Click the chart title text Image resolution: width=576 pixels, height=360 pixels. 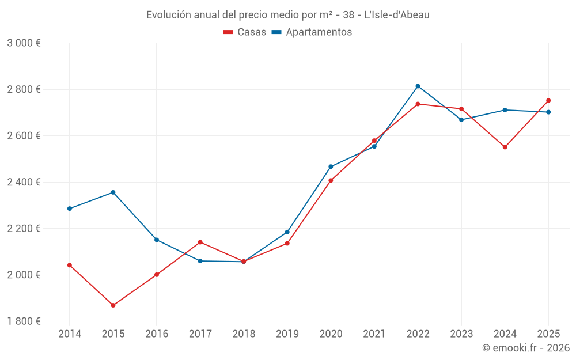[x=287, y=14]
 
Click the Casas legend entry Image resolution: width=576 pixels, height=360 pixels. [x=245, y=32]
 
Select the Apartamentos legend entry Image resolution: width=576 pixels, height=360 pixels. [x=312, y=32]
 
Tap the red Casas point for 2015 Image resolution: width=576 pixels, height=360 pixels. [x=113, y=305]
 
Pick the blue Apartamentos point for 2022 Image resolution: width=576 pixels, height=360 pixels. [x=418, y=86]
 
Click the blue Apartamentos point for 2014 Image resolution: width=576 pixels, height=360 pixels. [x=70, y=209]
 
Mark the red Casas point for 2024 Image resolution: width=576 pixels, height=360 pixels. [x=505, y=147]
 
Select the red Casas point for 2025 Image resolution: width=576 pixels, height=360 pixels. [x=548, y=100]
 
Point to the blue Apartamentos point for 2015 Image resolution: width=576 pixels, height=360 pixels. [x=113, y=192]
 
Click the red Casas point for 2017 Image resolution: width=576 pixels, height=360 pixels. [x=200, y=242]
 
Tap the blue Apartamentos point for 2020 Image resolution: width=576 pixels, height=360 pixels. [x=331, y=166]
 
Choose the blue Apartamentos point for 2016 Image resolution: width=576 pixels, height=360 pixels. [x=157, y=240]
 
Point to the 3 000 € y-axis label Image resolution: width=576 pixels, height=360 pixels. [x=24, y=43]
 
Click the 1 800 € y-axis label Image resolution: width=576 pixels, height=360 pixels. [x=24, y=321]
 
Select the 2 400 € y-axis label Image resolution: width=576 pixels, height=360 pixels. [x=24, y=182]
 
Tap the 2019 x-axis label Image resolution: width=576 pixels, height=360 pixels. [x=287, y=334]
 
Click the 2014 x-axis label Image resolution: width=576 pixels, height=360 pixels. [x=70, y=334]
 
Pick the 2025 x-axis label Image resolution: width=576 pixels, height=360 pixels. [x=548, y=334]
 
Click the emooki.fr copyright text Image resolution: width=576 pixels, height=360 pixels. [x=525, y=348]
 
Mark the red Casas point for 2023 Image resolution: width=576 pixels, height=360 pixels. [x=461, y=109]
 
